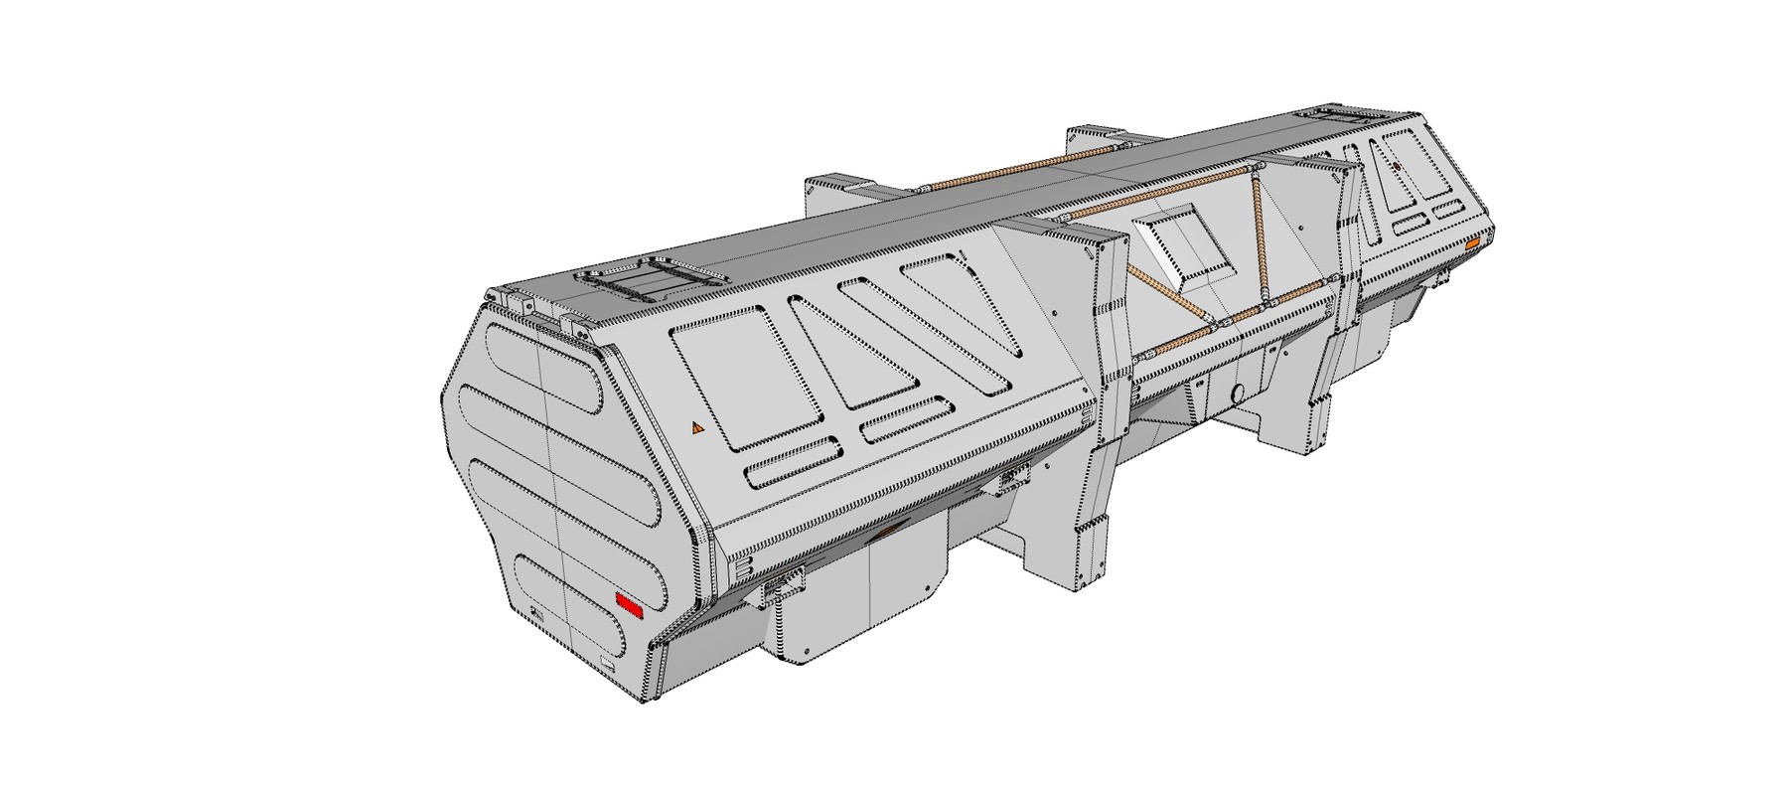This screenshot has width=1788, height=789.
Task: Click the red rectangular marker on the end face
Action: (x=629, y=602)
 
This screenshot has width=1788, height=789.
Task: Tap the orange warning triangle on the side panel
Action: (x=697, y=428)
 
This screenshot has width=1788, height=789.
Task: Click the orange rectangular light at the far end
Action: (x=1472, y=243)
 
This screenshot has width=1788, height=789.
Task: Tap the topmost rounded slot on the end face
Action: (x=544, y=367)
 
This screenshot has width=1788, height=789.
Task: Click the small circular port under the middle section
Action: (x=1240, y=392)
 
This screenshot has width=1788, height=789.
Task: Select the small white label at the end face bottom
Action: (x=606, y=659)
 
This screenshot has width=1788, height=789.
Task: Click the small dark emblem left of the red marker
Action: (x=537, y=615)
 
